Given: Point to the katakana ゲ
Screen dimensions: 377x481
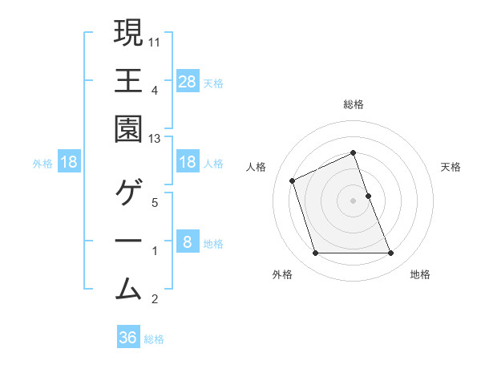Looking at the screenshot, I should coord(129,193).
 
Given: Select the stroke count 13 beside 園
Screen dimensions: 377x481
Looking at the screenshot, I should coord(156,139).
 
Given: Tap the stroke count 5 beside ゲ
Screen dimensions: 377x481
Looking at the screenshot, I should coord(156,202).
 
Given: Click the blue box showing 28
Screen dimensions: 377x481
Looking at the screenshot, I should coord(187,82).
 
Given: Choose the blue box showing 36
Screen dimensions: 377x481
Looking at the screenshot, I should coord(128,338).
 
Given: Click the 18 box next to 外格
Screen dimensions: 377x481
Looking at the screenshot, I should coord(69,163).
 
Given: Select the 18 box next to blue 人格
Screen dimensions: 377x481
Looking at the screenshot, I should coord(187,163).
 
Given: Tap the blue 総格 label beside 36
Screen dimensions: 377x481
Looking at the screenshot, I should coord(154,339).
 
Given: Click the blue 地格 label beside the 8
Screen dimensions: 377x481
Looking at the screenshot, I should coord(213,244).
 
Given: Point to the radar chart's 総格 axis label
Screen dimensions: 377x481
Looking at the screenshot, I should coord(353,104).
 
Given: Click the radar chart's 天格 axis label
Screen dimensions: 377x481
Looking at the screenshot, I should coord(451,167).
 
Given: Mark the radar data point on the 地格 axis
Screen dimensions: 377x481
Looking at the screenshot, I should coord(390,253).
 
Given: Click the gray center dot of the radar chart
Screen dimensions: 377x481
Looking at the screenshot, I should coord(353,200).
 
